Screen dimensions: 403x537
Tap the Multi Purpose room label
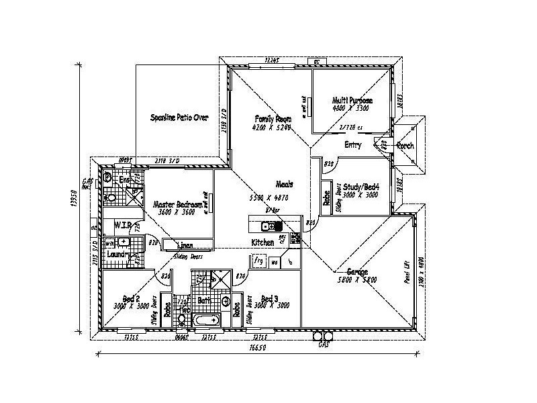[x=352, y=100]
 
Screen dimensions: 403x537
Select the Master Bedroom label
[x=177, y=204]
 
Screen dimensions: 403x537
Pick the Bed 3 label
[x=269, y=298]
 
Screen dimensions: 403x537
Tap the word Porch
[x=405, y=146]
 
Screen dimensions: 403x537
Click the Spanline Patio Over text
[x=179, y=118]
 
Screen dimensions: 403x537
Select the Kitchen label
[x=262, y=242]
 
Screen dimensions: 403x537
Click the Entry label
[x=353, y=145]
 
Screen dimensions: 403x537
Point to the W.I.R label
[x=121, y=224]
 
